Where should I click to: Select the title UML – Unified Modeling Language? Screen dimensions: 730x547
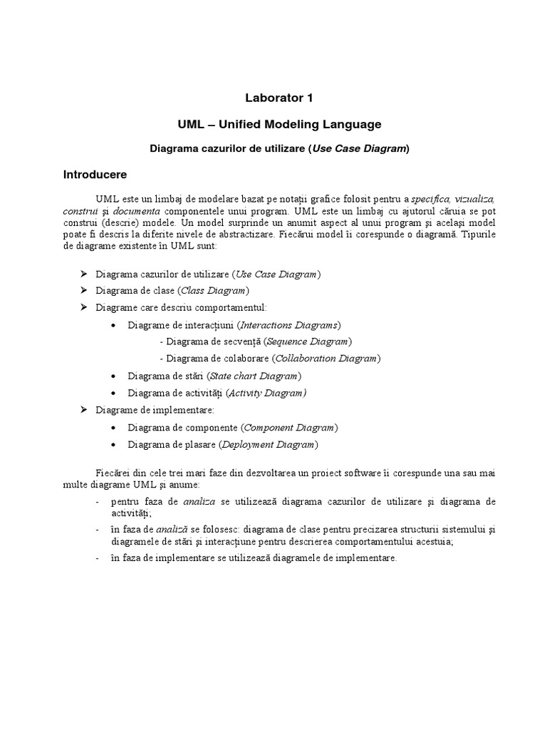pyautogui.click(x=279, y=124)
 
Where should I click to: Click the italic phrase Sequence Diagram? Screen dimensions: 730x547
pyautogui.click(x=307, y=341)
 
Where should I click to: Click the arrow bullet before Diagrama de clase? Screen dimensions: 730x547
pyautogui.click(x=83, y=290)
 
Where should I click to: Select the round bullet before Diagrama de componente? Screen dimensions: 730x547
pyautogui.click(x=115, y=428)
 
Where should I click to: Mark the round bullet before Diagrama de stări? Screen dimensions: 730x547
pyautogui.click(x=115, y=376)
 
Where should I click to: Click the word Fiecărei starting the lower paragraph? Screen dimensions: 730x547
pyautogui.click(x=115, y=473)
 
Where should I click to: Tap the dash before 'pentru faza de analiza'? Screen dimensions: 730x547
pyautogui.click(x=98, y=503)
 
